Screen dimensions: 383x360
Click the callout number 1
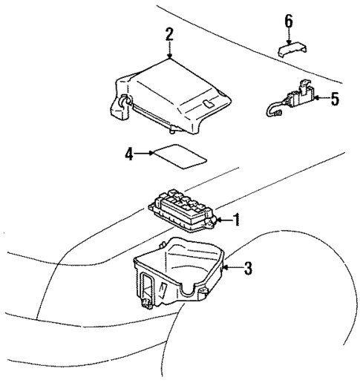pos(237,220)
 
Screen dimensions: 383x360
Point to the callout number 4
pos(128,154)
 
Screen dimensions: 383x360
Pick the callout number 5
pos(334,99)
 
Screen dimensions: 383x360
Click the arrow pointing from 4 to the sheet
pos(143,154)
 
